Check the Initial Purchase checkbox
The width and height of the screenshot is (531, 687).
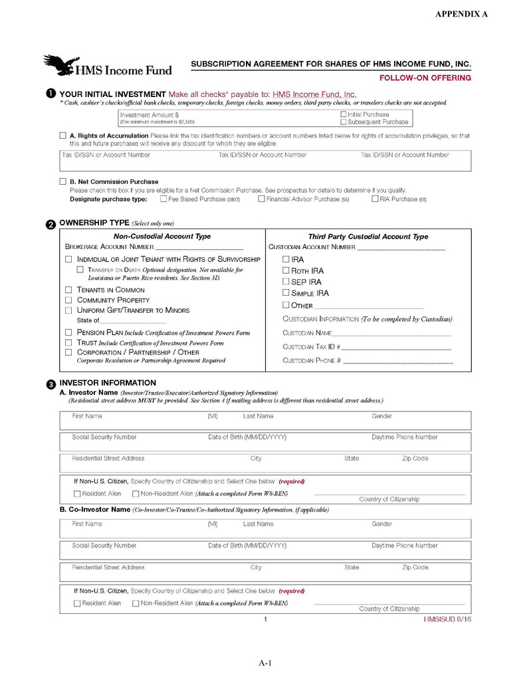tap(344, 115)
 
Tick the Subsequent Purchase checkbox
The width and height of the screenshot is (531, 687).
tap(344, 122)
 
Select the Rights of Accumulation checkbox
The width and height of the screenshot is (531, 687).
tap(63, 136)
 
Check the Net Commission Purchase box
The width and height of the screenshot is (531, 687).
tap(63, 181)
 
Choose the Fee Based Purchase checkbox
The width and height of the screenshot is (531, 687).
tap(163, 199)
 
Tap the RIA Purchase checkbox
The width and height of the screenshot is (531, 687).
tap(375, 199)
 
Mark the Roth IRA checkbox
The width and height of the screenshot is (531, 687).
tap(286, 270)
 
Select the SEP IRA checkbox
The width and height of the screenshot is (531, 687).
tap(286, 282)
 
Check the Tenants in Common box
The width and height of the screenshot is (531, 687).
tap(68, 290)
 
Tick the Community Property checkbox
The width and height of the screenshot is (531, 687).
tap(68, 300)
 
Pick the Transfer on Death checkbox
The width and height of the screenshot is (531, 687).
tap(80, 270)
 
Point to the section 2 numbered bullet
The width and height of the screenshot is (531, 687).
tap(51, 225)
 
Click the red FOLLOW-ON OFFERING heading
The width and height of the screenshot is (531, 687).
tap(425, 78)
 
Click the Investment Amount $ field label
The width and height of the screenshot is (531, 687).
tap(149, 115)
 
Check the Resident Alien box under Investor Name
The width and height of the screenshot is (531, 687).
tap(77, 494)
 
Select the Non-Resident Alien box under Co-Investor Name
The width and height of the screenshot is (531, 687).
tap(136, 603)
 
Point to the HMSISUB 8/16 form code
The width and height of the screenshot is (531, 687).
tap(447, 620)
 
